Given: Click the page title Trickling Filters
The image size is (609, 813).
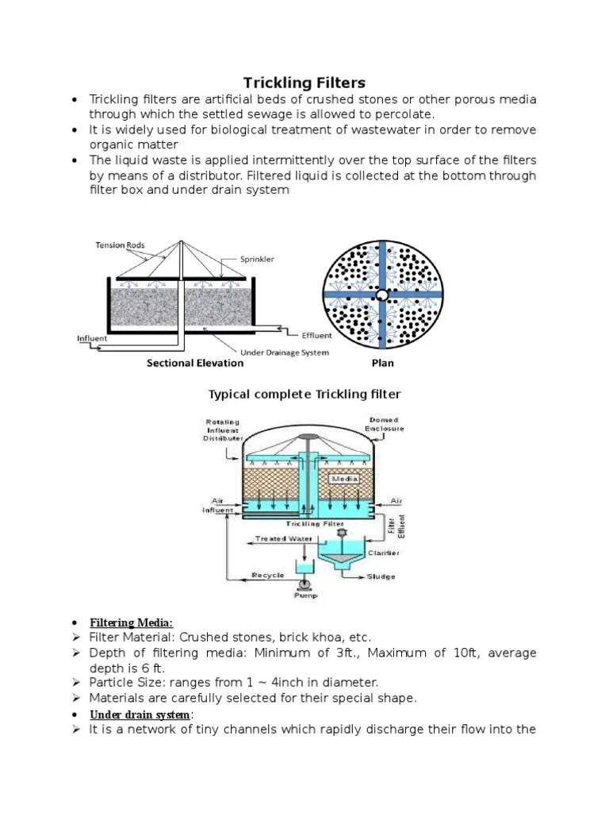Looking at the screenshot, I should coord(304,83).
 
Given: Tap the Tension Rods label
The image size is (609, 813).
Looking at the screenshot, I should coord(121,245).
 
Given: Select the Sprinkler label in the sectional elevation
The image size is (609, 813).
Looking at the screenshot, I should coord(257,260).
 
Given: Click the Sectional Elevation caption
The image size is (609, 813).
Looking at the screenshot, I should coord(195,364).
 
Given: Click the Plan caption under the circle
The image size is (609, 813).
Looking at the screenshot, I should coord(382,364).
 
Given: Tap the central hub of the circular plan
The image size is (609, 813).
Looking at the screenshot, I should coord(382,295).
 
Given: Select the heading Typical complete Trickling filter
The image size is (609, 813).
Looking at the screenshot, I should coord(304,395).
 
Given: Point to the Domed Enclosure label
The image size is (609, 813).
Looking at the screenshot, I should coord(385,424).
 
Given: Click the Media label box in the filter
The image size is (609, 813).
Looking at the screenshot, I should coord(346,479).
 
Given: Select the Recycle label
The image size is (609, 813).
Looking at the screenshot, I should coord(268,574).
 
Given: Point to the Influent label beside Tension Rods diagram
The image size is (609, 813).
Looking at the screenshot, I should coord(92,339).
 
